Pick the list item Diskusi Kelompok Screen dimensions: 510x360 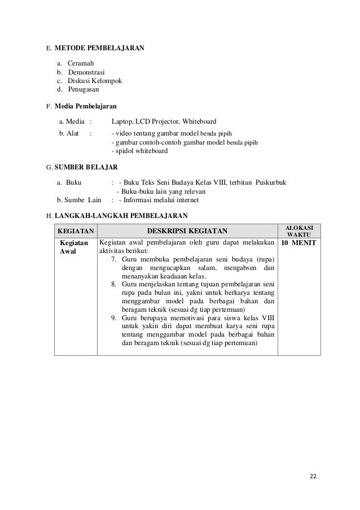click(x=94, y=81)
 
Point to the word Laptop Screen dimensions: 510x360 click(x=121, y=121)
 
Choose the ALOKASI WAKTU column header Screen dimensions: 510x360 click(x=299, y=230)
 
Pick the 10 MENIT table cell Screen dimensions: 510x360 click(x=299, y=243)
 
